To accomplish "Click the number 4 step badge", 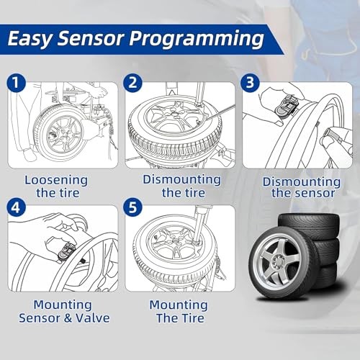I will (16, 210).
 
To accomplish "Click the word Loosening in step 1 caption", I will (57, 179).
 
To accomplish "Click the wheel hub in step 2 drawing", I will (173, 124).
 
